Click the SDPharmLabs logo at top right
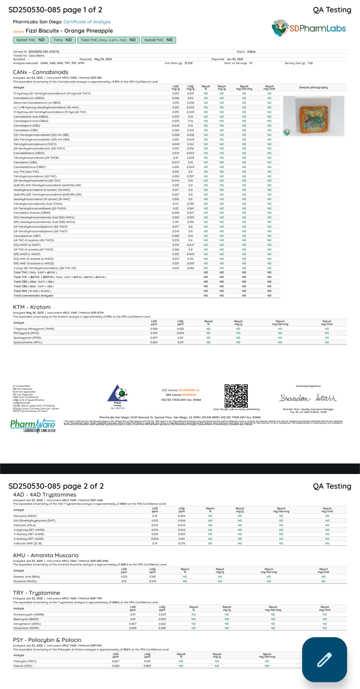click(309, 28)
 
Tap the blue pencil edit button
click(324, 659)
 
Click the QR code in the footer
click(236, 396)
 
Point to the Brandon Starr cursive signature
click(308, 398)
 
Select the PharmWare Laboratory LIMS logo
click(33, 426)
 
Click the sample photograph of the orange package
click(314, 116)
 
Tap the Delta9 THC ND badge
click(30, 40)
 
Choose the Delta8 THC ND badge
click(158, 40)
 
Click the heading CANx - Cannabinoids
click(40, 72)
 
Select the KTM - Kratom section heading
click(31, 307)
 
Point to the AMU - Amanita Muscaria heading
click(45, 555)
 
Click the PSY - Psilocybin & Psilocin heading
click(47, 640)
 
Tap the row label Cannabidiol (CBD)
click(26, 130)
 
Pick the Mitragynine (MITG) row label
click(27, 333)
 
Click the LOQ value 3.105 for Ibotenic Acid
click(152, 576)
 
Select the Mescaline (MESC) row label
click(25, 516)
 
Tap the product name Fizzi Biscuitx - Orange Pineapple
click(69, 31)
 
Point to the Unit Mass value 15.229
click(188, 63)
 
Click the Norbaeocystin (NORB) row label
click(29, 615)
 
